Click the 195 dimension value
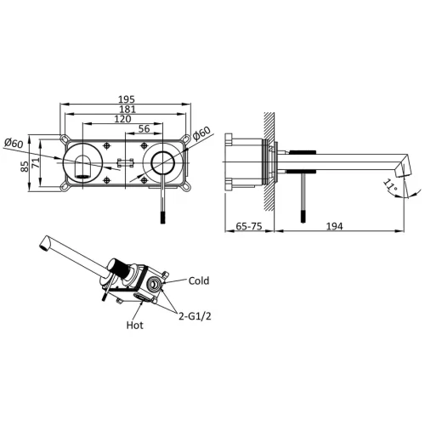tap(127, 99)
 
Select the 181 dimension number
tap(127, 109)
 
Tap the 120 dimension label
tap(122, 119)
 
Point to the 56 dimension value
tap(144, 128)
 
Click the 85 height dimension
tap(25, 166)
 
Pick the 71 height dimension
tap(36, 163)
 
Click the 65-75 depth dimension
tap(249, 226)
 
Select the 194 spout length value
tap(335, 226)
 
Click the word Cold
tap(199, 280)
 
